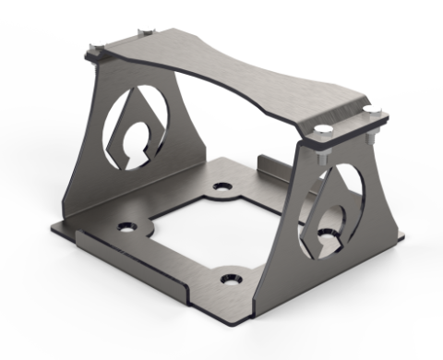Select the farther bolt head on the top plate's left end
pos(141,31)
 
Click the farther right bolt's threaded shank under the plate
pos(370,138)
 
